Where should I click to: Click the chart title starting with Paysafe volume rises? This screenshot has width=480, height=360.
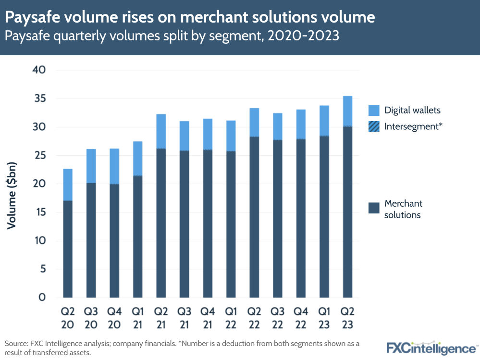click(x=190, y=18)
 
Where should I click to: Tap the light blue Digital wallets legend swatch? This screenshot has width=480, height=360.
click(x=374, y=110)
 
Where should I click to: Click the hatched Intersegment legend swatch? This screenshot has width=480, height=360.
click(x=374, y=126)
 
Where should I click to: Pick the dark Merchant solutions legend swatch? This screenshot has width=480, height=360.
click(x=374, y=209)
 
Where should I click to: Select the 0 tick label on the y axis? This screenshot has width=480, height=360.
click(x=42, y=298)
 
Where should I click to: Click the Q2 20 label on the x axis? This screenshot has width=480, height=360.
click(x=68, y=318)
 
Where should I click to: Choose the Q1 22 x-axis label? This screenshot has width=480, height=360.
click(x=231, y=318)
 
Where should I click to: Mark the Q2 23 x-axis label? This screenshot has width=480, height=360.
click(x=347, y=318)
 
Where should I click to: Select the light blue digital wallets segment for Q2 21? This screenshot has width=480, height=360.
click(x=161, y=131)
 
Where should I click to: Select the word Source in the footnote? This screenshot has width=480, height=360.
click(x=15, y=344)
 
